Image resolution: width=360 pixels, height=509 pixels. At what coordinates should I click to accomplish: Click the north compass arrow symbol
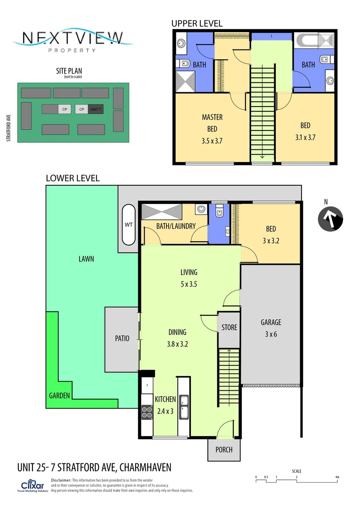coord(330,219)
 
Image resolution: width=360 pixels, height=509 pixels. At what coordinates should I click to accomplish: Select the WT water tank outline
coord(129,224)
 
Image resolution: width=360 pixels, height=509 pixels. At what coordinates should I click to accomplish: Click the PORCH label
coord(224,450)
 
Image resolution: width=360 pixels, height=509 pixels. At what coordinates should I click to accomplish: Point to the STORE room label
coord(229,327)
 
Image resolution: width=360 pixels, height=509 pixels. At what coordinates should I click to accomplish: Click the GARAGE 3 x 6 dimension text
coord(271,334)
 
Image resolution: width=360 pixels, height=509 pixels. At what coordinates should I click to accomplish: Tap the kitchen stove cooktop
coord(147,412)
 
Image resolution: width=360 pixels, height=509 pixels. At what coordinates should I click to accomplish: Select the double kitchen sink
coord(184,407)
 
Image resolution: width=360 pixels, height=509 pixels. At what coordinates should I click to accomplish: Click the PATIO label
coord(122,338)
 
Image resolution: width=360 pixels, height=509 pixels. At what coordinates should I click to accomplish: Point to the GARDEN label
coord(60,395)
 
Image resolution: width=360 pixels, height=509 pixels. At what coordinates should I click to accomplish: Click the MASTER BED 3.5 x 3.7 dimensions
coord(212,140)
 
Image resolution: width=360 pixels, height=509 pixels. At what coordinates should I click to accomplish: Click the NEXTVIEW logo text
coord(73,38)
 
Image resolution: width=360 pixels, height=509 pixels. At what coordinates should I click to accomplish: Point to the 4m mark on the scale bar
coord(337,477)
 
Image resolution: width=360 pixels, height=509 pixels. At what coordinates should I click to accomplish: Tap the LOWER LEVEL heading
coord(73,178)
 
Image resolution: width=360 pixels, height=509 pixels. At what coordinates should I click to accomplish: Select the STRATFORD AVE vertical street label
coord(8,127)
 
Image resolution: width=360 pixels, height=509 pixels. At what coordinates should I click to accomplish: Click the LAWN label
coord(87,259)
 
